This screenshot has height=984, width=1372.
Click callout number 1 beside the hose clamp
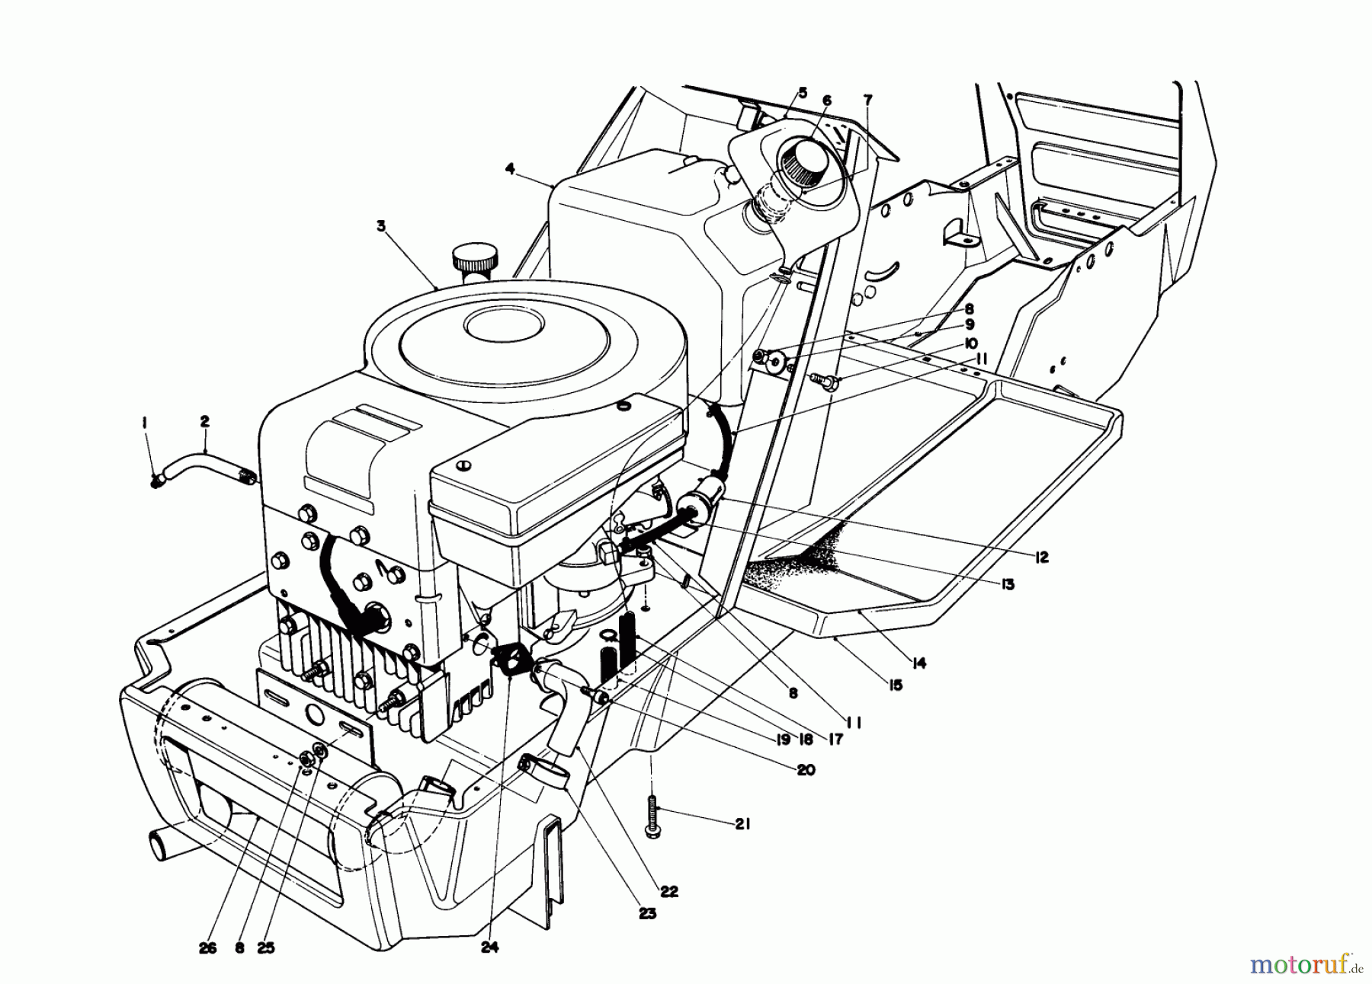(x=143, y=421)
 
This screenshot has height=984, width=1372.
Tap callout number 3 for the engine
(x=381, y=225)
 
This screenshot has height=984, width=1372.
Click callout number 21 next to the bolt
(x=742, y=823)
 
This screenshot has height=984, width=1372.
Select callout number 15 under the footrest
(x=894, y=685)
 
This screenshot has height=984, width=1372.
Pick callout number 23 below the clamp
(x=648, y=914)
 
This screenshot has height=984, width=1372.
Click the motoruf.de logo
(x=1306, y=965)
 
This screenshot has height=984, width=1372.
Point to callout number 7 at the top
(x=868, y=100)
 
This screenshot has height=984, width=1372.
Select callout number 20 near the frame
(x=805, y=770)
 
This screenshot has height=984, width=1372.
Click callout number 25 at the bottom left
(x=267, y=948)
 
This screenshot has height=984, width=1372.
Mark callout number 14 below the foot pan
(x=918, y=663)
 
